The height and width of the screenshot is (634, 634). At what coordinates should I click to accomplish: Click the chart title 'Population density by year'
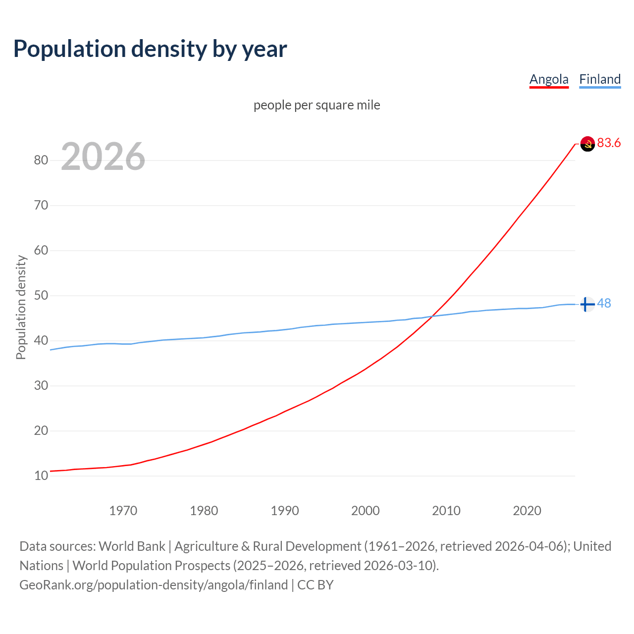pyautogui.click(x=150, y=49)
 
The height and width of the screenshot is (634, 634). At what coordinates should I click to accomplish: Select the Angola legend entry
pyautogui.click(x=549, y=79)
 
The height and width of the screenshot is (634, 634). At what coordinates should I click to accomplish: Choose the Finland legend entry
pyautogui.click(x=600, y=79)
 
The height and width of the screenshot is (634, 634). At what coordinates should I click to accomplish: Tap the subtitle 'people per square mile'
pyautogui.click(x=317, y=105)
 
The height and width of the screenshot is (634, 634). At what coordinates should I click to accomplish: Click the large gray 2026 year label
pyautogui.click(x=103, y=157)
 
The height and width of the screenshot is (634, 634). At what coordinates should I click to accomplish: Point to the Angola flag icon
pyautogui.click(x=587, y=144)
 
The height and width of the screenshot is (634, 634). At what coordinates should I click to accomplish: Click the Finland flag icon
pyautogui.click(x=587, y=304)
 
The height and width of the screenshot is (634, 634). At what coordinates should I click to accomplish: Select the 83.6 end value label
pyautogui.click(x=609, y=143)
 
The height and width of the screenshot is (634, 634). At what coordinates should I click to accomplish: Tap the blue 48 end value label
pyautogui.click(x=604, y=303)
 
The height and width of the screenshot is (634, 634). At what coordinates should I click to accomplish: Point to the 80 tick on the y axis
pyautogui.click(x=41, y=160)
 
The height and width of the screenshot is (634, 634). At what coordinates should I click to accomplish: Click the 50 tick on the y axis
pyautogui.click(x=41, y=296)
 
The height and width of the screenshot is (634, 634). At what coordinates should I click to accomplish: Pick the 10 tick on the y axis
pyautogui.click(x=41, y=476)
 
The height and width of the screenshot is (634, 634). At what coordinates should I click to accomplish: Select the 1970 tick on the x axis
pyautogui.click(x=123, y=511)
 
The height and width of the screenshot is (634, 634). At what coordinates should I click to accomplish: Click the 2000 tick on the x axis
pyautogui.click(x=366, y=511)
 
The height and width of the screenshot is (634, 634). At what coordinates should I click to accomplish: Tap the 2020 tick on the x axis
pyautogui.click(x=527, y=511)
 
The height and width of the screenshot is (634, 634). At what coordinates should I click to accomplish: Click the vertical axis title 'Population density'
pyautogui.click(x=21, y=307)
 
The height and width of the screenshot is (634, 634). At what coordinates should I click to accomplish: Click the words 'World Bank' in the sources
pyautogui.click(x=132, y=546)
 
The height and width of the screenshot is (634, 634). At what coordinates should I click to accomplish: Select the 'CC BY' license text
pyautogui.click(x=316, y=585)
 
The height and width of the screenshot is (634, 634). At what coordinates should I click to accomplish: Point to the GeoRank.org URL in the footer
pyautogui.click(x=154, y=585)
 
